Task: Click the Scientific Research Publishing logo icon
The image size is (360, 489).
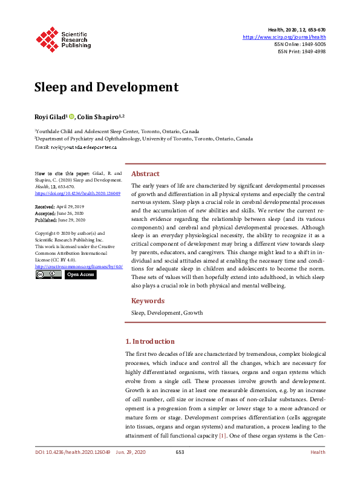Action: [48, 38]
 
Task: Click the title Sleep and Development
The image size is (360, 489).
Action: [106, 87]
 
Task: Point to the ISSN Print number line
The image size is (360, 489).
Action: [301, 51]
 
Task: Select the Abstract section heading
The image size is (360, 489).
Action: [145, 173]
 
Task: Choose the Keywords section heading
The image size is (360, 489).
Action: [148, 301]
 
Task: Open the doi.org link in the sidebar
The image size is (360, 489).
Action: [78, 194]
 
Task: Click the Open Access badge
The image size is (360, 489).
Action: [80, 274]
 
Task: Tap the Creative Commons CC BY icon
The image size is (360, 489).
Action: [48, 274]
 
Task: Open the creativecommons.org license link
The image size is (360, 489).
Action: [79, 266]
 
